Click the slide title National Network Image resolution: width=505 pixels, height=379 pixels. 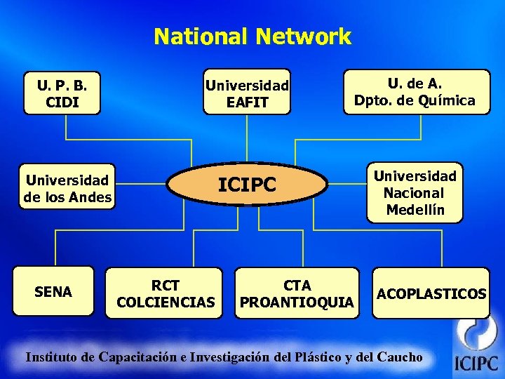tap(252, 36)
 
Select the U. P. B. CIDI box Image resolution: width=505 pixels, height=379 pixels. tap(62, 93)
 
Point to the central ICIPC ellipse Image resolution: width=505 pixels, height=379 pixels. tap(247, 185)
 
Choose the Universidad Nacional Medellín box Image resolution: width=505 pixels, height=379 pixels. tap(415, 192)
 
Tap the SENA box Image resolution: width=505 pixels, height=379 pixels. tap(53, 291)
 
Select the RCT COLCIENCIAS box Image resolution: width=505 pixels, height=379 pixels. tap(166, 293)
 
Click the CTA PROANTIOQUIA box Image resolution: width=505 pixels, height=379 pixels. tap(297, 293)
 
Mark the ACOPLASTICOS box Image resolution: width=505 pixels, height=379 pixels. tap(431, 293)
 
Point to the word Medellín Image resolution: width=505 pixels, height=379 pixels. tap(415, 210)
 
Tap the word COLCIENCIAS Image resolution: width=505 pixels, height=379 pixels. tap(166, 302)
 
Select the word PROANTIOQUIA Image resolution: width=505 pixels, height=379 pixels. tap(297, 302)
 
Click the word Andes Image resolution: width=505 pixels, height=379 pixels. tap(90, 197)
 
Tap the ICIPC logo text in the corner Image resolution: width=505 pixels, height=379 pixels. tap(476, 364)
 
